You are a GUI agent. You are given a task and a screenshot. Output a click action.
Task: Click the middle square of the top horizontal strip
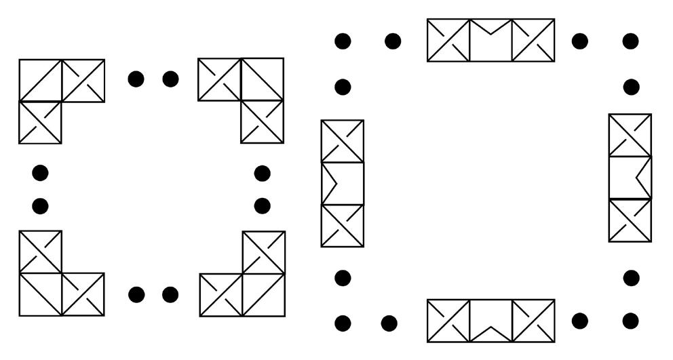[491, 40]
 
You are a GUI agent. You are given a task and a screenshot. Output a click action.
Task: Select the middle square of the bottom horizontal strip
[491, 321]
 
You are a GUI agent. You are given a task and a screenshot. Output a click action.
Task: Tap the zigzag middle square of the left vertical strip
[342, 183]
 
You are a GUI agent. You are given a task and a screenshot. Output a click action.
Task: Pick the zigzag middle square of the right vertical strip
[630, 178]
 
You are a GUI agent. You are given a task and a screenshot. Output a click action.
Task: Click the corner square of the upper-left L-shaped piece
[40, 81]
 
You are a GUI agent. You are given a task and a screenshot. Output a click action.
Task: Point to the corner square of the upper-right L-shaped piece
[262, 79]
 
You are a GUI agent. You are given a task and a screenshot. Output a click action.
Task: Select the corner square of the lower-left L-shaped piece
[40, 294]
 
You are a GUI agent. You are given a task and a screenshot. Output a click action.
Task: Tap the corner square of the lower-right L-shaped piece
[263, 295]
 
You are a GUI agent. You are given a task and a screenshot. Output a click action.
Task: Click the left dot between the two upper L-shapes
[136, 79]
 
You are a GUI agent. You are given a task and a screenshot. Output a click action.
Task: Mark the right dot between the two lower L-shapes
[170, 295]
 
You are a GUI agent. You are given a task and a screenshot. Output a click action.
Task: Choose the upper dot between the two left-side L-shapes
[40, 173]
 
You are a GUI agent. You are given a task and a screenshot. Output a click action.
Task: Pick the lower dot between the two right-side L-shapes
[262, 205]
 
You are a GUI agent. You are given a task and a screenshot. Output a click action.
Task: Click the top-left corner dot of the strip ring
[343, 41]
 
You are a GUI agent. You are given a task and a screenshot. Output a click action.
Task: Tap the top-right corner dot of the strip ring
[631, 41]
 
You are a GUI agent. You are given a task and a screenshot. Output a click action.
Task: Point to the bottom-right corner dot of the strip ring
[631, 321]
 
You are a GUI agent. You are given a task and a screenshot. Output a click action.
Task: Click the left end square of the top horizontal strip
[448, 40]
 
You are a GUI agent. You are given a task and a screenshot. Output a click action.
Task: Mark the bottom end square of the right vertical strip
[630, 220]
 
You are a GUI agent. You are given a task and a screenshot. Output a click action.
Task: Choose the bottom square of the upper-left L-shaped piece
[40, 123]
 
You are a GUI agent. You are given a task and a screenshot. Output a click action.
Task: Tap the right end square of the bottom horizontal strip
[533, 321]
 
